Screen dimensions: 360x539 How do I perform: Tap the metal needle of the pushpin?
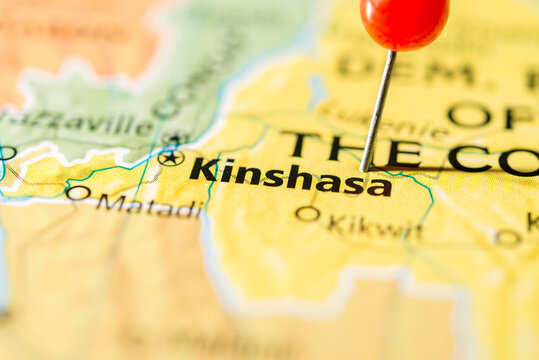380,105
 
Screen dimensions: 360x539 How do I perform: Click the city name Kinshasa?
290,176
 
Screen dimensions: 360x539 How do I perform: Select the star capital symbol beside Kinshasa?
171,157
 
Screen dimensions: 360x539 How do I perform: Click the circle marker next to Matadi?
77,192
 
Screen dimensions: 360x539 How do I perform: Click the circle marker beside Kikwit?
308,213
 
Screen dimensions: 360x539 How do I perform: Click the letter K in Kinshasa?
204,169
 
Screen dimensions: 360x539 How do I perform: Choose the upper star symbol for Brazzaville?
176,138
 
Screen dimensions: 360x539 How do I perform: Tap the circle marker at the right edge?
508,237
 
